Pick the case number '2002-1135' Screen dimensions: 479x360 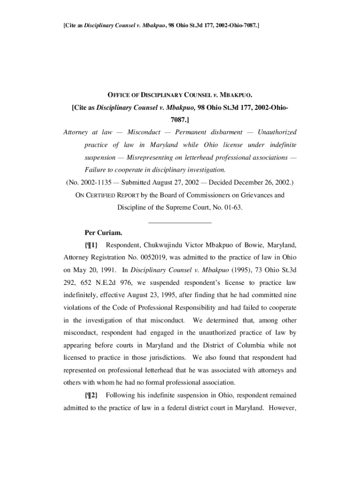coord(86,182)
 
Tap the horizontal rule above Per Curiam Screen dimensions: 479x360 coord(180,223)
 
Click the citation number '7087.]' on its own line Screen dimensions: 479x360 coord(180,120)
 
